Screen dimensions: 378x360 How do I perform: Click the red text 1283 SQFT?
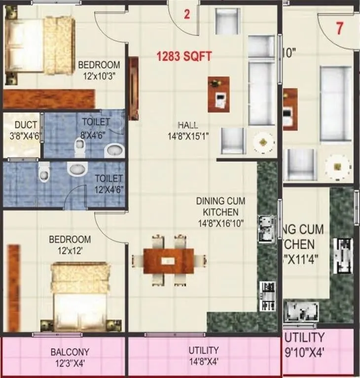[x=184, y=57]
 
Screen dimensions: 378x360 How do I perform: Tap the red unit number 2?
[x=186, y=14]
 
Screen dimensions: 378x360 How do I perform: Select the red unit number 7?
[x=339, y=28]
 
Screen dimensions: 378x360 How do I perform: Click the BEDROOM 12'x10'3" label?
[x=99, y=70]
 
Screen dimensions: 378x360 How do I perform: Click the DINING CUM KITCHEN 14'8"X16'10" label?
[x=220, y=212]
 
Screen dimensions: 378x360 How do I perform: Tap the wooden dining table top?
[x=168, y=261]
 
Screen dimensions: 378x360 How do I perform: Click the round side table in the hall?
[x=263, y=142]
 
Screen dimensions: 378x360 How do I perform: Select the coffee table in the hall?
[x=218, y=94]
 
